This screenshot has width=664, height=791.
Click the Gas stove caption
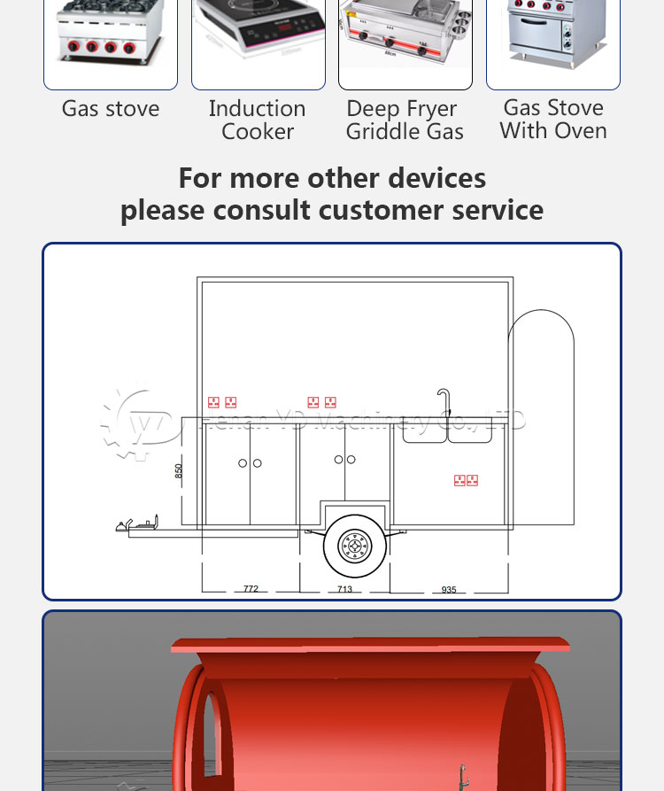[111, 109]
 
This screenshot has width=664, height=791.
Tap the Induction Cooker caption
[258, 120]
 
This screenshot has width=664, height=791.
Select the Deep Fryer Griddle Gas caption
[405, 120]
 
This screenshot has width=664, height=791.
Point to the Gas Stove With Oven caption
[553, 120]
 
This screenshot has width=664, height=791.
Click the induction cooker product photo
[258, 40]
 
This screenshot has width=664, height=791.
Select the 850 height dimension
[179, 472]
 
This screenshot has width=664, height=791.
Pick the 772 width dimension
[251, 589]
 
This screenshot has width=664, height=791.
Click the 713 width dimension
[344, 589]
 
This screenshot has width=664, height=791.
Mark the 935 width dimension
[449, 589]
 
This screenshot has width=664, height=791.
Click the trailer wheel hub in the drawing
[354, 546]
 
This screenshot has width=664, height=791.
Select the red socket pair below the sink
[467, 480]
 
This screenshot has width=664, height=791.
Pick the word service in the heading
[498, 211]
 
